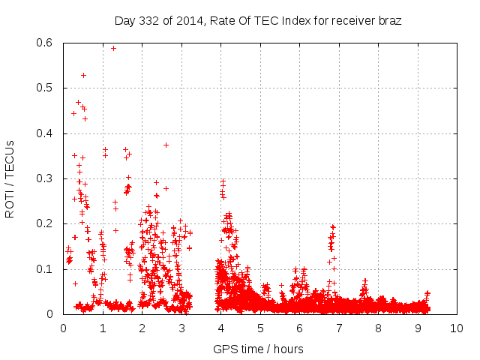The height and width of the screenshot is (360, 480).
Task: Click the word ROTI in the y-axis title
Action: point(10,204)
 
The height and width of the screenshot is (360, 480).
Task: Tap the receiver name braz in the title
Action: point(388,20)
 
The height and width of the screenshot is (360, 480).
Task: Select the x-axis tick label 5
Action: point(259,328)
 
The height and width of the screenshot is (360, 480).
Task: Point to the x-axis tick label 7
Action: point(338,328)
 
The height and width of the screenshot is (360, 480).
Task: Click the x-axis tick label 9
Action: point(418,328)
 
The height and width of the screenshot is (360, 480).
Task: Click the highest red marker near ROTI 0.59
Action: point(113,48)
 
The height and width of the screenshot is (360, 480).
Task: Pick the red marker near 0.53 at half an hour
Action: point(83,75)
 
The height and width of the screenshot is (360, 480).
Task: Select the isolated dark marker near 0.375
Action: point(166,145)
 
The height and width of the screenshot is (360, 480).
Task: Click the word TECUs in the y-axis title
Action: point(10,156)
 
